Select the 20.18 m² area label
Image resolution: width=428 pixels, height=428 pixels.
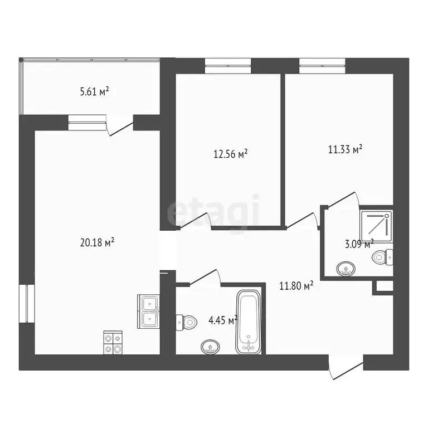(x=98, y=242)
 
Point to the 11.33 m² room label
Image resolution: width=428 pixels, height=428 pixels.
(x=346, y=149)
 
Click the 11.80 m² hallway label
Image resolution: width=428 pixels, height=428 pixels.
(x=296, y=285)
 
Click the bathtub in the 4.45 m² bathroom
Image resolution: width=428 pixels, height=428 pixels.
(x=249, y=322)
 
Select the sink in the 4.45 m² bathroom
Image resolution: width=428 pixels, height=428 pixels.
(x=210, y=347)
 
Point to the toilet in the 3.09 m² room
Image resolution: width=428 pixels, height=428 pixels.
(x=383, y=257)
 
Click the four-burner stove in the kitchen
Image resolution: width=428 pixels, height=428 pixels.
(x=113, y=343)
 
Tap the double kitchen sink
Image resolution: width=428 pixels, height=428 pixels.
(x=149, y=311)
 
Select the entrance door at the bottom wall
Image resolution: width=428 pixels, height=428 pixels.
(x=345, y=369)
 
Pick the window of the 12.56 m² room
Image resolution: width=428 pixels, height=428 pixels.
(x=228, y=66)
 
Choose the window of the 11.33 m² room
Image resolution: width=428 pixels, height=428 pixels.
(x=323, y=66)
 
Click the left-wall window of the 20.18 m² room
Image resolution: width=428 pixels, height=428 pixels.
(x=26, y=304)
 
